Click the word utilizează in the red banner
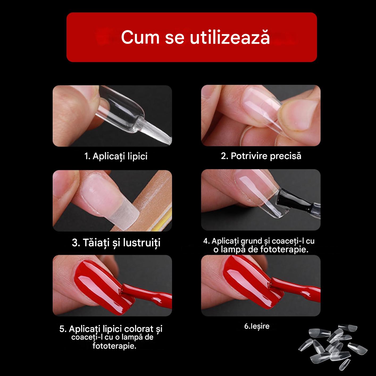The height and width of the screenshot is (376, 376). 230,37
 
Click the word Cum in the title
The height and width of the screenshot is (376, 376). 140,37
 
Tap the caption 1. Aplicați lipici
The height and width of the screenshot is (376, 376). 116,156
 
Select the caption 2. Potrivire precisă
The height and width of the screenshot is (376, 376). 261,156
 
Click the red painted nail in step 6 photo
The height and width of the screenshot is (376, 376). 252,281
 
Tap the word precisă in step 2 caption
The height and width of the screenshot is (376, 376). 286,156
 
